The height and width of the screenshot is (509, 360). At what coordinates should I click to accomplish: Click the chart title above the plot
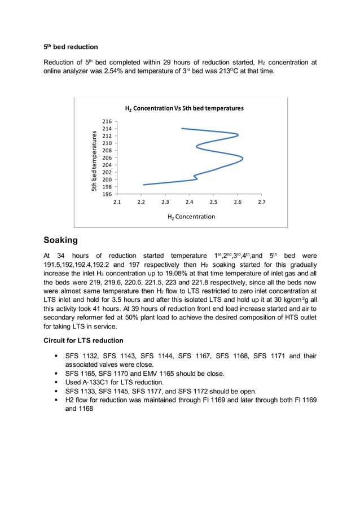(184, 108)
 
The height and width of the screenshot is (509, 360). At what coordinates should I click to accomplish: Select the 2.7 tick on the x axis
(262, 201)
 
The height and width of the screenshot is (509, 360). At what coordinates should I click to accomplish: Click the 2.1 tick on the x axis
(117, 201)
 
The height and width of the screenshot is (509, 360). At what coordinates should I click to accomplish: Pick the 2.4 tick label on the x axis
(190, 201)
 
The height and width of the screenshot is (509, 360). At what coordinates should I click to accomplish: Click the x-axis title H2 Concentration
(191, 217)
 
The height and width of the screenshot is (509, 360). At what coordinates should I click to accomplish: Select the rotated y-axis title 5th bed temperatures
(95, 160)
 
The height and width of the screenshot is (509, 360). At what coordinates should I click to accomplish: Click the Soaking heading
(61, 240)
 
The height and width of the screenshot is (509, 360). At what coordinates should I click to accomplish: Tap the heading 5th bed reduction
(71, 47)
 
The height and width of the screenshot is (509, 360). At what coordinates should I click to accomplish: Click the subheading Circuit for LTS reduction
(83, 340)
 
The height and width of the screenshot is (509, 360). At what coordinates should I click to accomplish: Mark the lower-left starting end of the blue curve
(143, 185)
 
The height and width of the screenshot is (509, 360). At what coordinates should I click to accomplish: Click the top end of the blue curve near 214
(182, 129)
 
